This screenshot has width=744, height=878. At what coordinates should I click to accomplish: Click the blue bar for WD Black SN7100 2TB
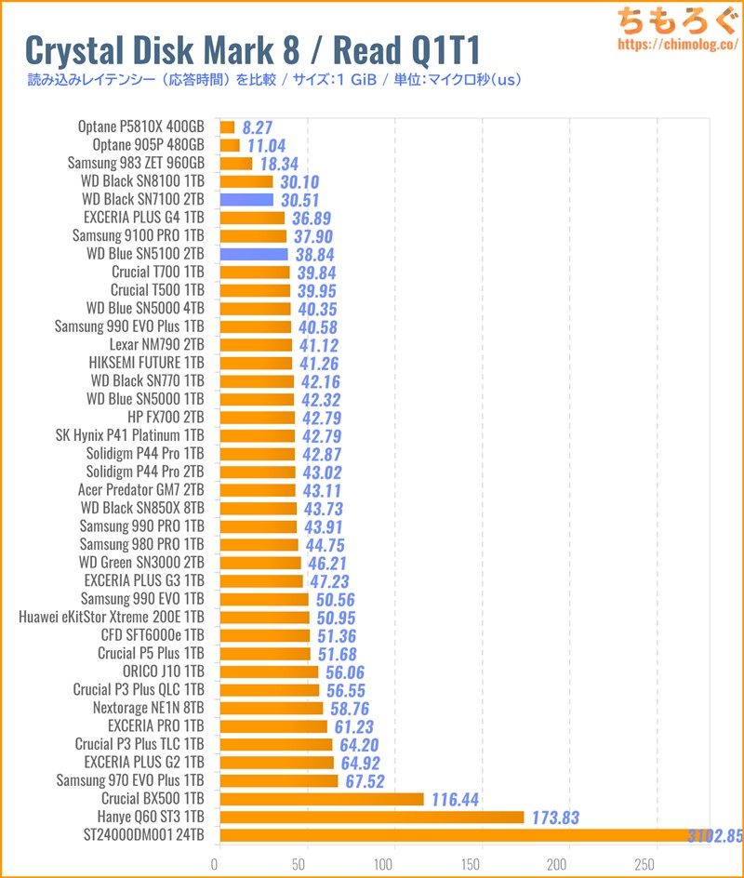coord(246,200)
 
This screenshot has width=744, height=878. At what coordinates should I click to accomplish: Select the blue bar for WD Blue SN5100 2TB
coord(254,254)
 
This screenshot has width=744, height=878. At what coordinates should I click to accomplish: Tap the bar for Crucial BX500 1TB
coord(321,799)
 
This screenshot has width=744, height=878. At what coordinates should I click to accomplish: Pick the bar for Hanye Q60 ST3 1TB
coord(371,818)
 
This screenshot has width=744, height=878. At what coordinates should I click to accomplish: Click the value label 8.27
coord(257,127)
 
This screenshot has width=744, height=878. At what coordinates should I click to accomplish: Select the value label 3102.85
coord(713,835)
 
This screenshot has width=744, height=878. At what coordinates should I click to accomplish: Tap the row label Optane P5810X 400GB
coord(141,126)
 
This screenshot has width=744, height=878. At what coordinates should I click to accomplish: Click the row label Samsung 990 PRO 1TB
coord(141,525)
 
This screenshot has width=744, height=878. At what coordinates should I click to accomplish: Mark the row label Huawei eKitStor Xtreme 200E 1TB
coord(111,616)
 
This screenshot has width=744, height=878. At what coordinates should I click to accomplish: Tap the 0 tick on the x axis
coord(217,862)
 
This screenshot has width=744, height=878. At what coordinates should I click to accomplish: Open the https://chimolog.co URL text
coord(676,44)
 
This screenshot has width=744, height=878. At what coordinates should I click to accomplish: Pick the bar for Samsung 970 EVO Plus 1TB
coord(278,780)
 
